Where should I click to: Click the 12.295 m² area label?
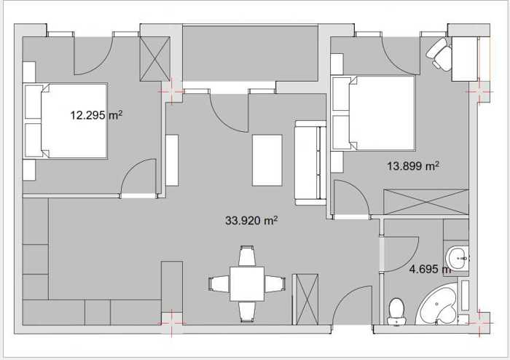97,115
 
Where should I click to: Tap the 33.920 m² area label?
251,221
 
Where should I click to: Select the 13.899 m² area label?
413,166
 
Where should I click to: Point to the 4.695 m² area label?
430,269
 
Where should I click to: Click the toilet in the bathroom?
396,311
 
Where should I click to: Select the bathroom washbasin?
458,258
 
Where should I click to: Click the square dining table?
247,283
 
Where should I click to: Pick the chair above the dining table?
247,256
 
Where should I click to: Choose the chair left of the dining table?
219,283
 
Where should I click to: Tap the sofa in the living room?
310,163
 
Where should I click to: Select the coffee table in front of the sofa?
267,160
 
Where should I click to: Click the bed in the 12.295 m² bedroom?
66,121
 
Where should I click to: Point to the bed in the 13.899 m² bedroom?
373,113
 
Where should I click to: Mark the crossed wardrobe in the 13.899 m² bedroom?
426,202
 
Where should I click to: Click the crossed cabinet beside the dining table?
305,300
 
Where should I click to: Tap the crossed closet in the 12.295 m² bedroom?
154,59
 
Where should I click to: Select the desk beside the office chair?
465,59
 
